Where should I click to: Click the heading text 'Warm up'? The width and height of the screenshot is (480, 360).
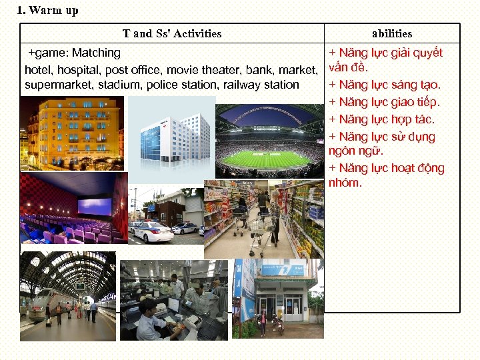(54, 11)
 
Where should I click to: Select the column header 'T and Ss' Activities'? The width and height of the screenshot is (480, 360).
(172, 33)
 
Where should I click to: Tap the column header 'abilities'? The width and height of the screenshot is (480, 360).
(392, 33)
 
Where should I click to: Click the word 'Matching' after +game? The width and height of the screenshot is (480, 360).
(96, 53)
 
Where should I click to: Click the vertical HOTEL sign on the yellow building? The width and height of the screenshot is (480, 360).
(53, 131)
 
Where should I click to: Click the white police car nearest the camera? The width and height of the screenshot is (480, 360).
(151, 231)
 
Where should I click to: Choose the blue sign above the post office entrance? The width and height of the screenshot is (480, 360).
(284, 269)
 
